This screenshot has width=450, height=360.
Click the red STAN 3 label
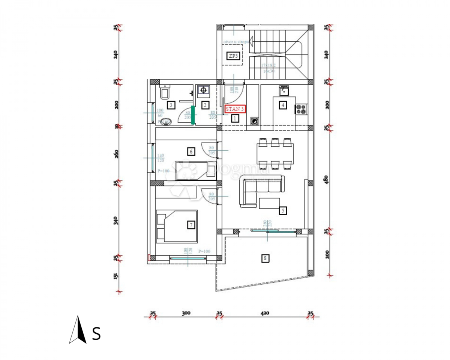click(x=235, y=109)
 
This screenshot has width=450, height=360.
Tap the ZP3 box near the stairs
click(x=233, y=56)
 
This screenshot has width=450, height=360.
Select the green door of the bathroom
click(x=193, y=115)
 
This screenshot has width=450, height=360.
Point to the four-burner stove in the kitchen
click(x=301, y=109)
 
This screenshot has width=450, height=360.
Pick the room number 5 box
click(x=283, y=211)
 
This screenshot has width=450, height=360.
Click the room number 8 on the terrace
click(x=265, y=258)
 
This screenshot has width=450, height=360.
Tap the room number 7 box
click(x=191, y=225)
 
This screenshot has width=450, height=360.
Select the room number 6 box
click(x=191, y=151)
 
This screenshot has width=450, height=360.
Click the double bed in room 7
click(x=177, y=226)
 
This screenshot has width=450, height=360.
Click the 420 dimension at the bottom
click(x=265, y=313)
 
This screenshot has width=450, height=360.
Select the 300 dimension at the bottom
click(x=186, y=313)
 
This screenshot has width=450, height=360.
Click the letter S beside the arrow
click(x=96, y=333)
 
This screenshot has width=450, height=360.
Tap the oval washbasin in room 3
click(x=165, y=121)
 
